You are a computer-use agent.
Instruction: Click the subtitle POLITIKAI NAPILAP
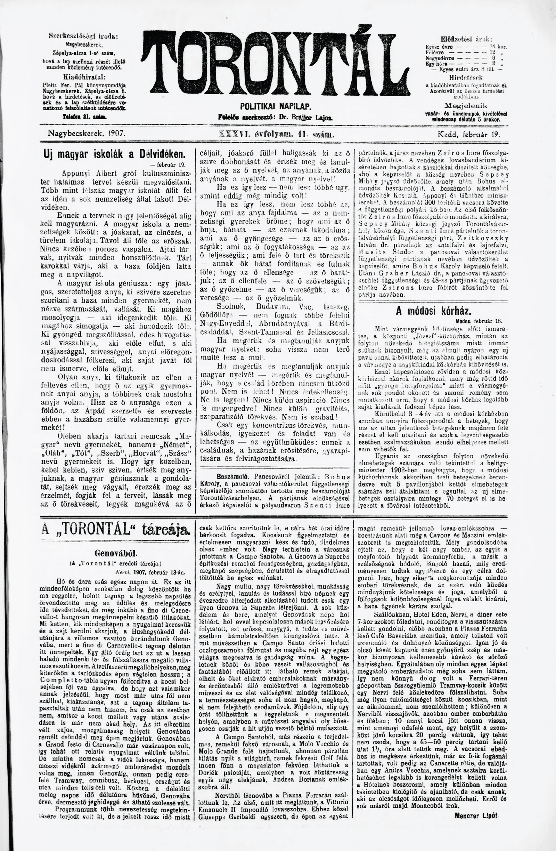point(276,106)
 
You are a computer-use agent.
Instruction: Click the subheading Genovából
point(115,554)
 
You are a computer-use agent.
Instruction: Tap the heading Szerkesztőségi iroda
point(83,36)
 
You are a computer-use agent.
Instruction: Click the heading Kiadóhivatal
point(84,77)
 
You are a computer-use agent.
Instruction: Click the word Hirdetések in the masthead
point(466,77)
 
